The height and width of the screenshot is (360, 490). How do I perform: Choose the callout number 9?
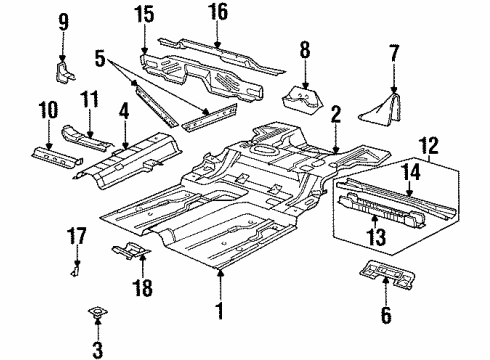(64, 21)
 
